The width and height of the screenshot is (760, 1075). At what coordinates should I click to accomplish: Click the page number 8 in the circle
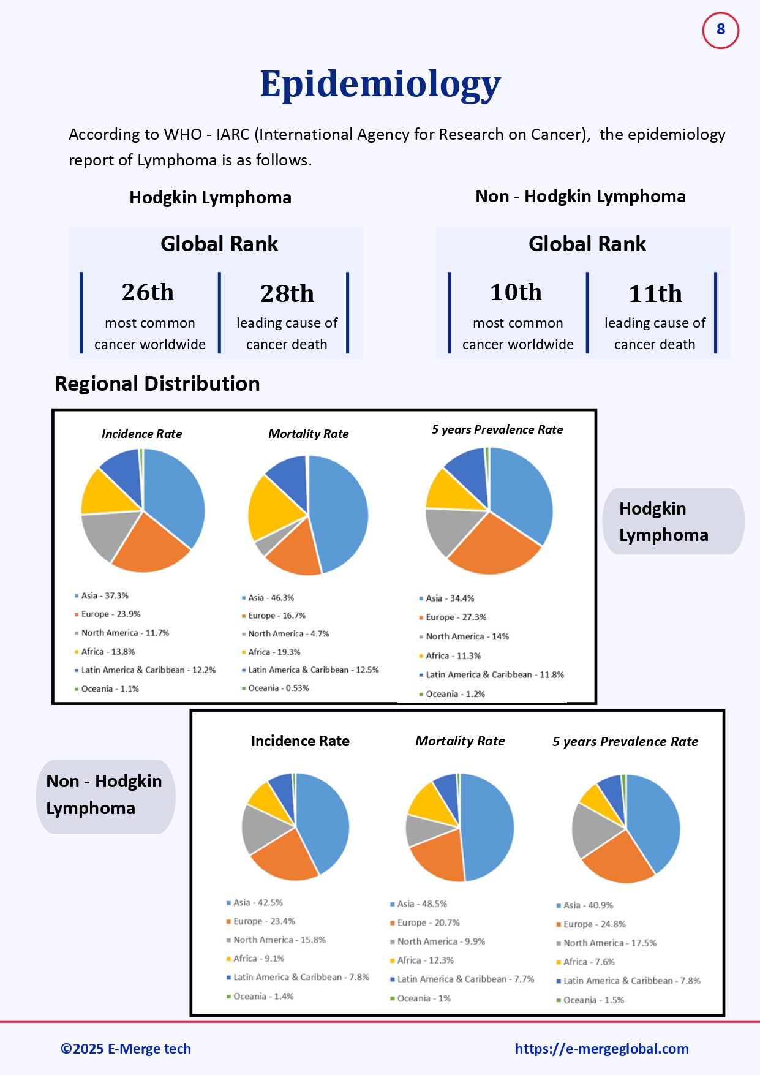coord(720,29)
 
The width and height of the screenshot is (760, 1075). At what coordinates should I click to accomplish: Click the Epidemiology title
coord(380,84)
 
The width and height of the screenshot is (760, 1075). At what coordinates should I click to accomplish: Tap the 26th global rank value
coord(148,292)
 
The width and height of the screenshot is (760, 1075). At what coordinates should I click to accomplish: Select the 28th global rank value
coord(287,293)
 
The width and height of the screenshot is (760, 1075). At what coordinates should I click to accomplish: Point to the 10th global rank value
coord(516,292)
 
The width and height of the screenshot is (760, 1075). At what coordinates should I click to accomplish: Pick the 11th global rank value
coord(655,293)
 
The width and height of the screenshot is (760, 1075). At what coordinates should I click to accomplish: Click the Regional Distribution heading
coord(157,383)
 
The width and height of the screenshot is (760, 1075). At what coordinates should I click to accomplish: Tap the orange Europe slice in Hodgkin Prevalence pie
coord(493,548)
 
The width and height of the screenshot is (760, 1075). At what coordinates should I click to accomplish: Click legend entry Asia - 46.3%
coord(271,597)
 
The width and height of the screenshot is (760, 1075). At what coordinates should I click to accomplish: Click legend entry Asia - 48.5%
coord(421,903)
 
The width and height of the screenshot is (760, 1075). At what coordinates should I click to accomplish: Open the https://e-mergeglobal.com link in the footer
coord(601,1049)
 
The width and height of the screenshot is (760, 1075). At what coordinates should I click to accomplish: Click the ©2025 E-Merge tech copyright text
coord(126,1049)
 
